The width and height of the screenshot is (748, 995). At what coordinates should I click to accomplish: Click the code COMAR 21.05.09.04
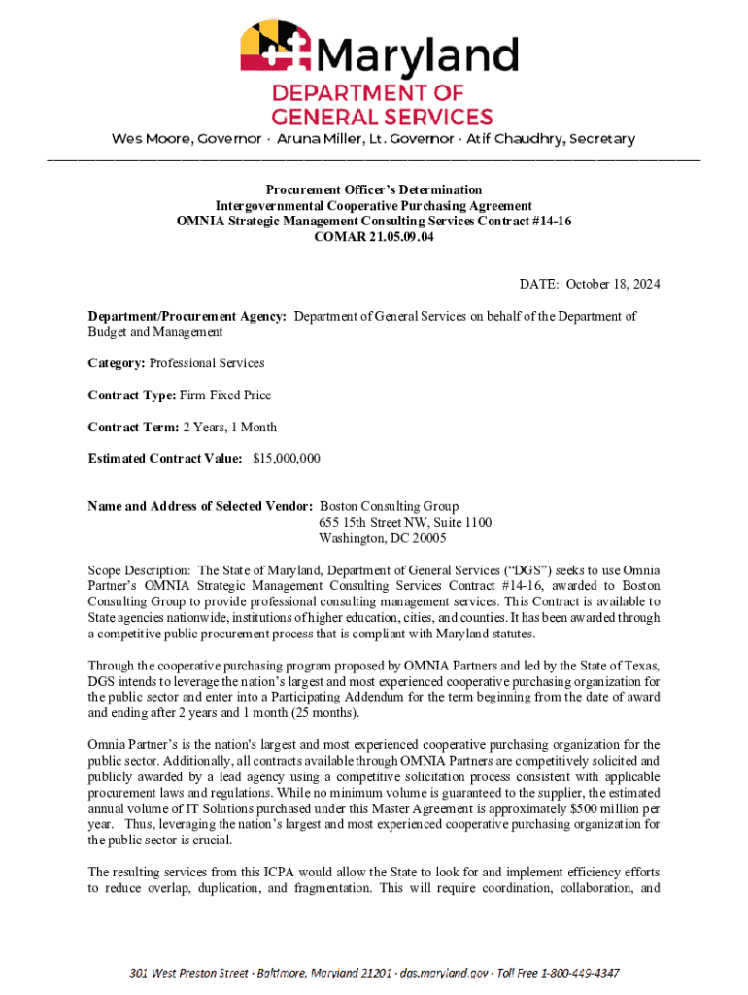point(374,237)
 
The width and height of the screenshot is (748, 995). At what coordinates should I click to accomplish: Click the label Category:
point(117,363)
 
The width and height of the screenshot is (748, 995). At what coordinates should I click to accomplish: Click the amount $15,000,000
point(287,458)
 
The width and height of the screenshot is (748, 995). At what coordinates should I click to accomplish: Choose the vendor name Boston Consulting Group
point(390,506)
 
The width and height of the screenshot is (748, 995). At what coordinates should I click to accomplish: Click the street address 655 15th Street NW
point(378,523)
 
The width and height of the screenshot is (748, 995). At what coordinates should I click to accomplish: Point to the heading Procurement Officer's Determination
point(374,189)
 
